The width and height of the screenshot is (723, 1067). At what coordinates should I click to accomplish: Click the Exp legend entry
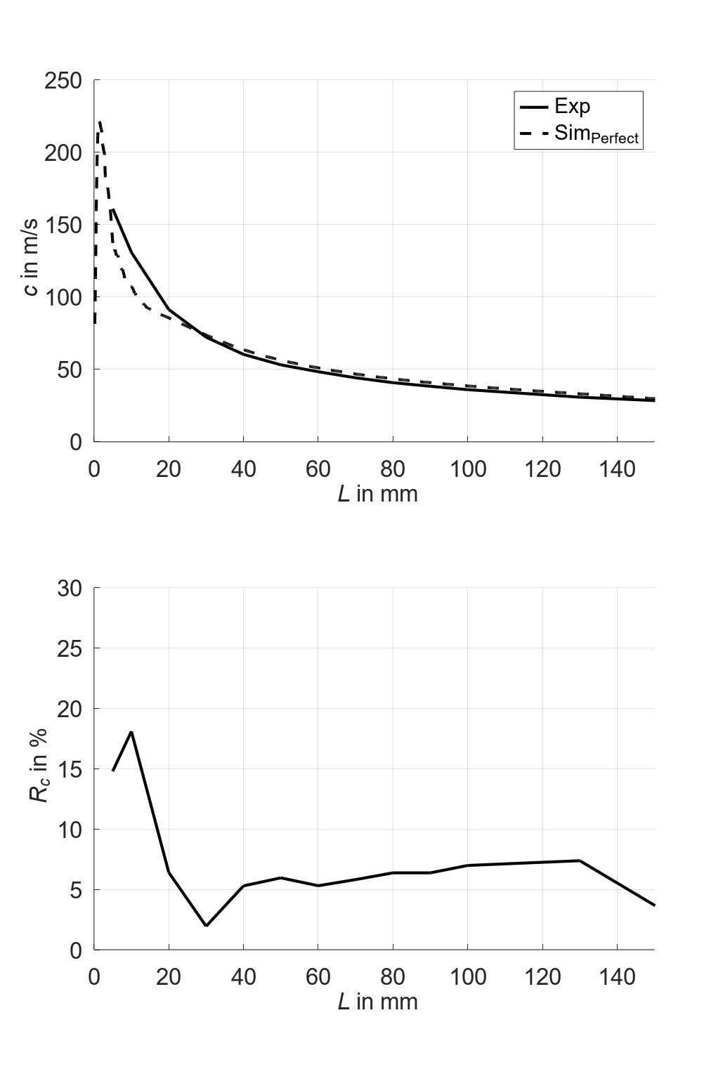(571, 106)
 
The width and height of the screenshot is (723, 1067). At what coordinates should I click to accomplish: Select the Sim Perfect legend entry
(596, 133)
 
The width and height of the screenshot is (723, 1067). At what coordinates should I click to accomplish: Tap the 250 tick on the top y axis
(63, 81)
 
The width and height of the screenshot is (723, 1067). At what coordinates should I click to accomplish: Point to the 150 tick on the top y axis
(63, 225)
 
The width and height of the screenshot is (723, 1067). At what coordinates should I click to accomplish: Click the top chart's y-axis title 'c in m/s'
(30, 257)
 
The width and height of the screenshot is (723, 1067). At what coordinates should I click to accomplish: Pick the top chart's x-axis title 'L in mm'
(377, 494)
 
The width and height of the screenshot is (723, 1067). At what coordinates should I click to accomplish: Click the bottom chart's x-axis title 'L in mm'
(377, 1001)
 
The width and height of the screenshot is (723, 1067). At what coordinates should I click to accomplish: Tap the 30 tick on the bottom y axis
(70, 589)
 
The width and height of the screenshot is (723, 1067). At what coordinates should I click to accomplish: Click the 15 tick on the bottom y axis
(70, 770)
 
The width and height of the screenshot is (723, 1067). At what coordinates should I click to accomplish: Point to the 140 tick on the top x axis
(616, 469)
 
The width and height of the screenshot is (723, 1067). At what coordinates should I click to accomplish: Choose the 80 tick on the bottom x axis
(393, 976)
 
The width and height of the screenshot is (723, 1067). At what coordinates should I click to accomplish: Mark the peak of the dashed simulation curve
(100, 122)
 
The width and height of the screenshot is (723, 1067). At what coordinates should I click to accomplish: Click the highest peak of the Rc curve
(131, 732)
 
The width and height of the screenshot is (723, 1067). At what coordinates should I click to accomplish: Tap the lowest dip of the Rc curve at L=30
(206, 926)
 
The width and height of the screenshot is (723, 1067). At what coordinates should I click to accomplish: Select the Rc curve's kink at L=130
(579, 860)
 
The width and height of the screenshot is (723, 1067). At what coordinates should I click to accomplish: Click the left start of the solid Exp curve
(113, 209)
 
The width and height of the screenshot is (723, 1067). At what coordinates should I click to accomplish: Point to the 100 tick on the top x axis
(467, 469)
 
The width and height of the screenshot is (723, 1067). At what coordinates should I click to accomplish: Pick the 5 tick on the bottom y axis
(76, 891)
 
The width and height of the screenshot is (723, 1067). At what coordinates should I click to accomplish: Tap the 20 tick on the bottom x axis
(169, 976)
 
